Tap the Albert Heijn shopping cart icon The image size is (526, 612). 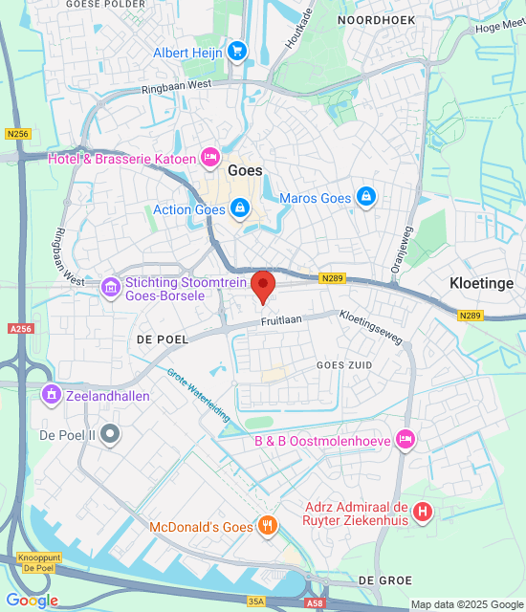236,51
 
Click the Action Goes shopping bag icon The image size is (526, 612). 239,208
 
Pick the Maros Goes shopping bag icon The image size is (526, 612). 364,198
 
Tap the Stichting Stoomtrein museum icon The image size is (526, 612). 111,285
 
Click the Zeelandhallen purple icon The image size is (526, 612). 51,394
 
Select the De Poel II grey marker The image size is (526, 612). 111,435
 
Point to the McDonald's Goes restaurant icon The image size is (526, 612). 270,525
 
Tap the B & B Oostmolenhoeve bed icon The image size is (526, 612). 405,440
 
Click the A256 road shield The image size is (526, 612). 20,328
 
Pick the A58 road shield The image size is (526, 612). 316,603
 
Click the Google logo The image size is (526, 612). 32,601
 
